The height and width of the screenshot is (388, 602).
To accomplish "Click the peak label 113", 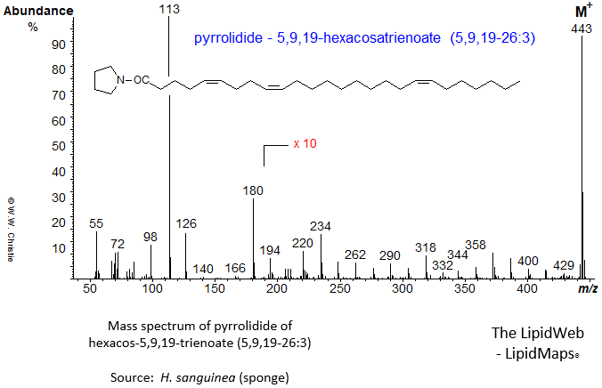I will point(169,10).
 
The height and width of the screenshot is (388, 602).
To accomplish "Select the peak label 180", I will point(254,190).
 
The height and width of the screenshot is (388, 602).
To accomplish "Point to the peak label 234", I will point(321,226).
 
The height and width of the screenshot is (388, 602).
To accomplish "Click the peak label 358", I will point(476,245).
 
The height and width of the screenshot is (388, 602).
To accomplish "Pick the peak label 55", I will point(96,223).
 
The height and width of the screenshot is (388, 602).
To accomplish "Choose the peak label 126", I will point(185,224).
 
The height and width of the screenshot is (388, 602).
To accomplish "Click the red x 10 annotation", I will point(304,143).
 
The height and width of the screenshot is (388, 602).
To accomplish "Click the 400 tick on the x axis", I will point(527,288).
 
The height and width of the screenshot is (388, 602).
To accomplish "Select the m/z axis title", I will point(587,289).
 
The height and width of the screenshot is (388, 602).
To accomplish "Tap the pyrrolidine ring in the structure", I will point(108,81).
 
